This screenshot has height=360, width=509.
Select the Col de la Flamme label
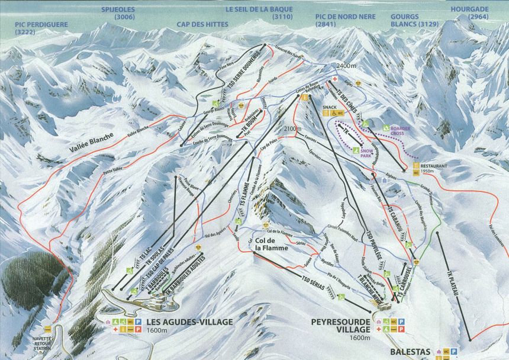[271, 244]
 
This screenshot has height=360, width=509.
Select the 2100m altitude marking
[292, 128]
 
